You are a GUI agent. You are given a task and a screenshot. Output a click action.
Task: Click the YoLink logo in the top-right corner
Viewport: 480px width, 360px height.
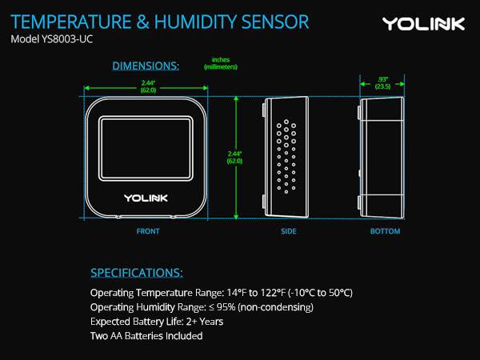pyautogui.click(x=423, y=23)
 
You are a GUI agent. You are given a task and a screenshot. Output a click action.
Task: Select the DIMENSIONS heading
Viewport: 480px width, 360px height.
pyautogui.click(x=146, y=65)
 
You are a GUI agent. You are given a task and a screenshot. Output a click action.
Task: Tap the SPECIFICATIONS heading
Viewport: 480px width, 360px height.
pyautogui.click(x=137, y=272)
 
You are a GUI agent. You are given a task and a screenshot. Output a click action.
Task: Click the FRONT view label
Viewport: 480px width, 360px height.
pyautogui.click(x=147, y=231)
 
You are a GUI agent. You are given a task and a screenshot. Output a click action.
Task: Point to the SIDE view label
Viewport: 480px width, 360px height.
pyautogui.click(x=289, y=231)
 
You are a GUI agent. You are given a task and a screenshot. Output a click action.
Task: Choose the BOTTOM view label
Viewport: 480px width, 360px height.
pyautogui.click(x=385, y=231)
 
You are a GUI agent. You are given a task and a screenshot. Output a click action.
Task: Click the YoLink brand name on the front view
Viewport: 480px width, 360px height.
pyautogui.click(x=145, y=197)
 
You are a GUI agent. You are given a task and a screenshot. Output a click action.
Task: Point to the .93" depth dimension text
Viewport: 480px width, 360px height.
pyautogui.click(x=383, y=83)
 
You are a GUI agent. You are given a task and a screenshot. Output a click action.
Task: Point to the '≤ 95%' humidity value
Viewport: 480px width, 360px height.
pyautogui.click(x=230, y=307)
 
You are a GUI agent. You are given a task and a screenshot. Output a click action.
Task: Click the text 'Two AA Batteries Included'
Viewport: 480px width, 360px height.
pyautogui.click(x=146, y=336)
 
